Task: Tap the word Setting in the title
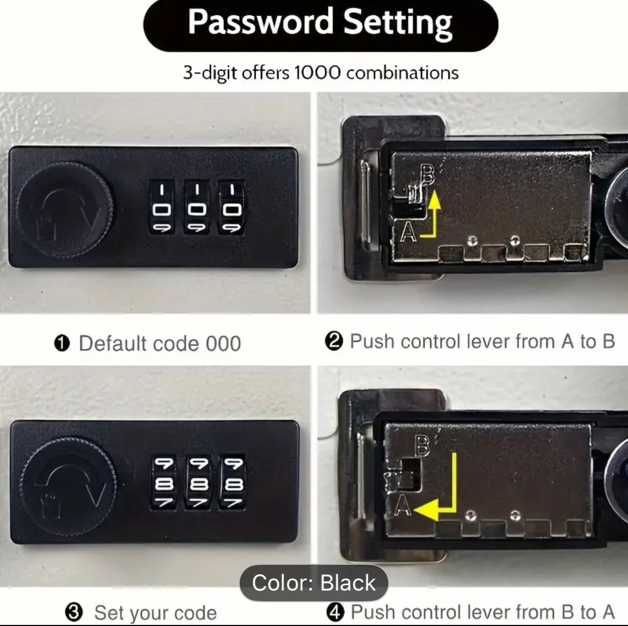pyautogui.click(x=398, y=24)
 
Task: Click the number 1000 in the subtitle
pyautogui.click(x=317, y=73)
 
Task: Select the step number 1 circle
pyautogui.click(x=62, y=344)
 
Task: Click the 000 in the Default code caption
pyautogui.click(x=223, y=344)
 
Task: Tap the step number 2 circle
pyautogui.click(x=334, y=342)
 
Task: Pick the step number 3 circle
pyautogui.click(x=74, y=613)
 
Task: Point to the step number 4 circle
pyautogui.click(x=335, y=613)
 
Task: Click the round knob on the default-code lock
pyautogui.click(x=65, y=210)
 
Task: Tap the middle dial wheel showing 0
pyautogui.click(x=196, y=207)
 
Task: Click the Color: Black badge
pyautogui.click(x=314, y=582)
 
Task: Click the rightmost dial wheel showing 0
pyautogui.click(x=231, y=207)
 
